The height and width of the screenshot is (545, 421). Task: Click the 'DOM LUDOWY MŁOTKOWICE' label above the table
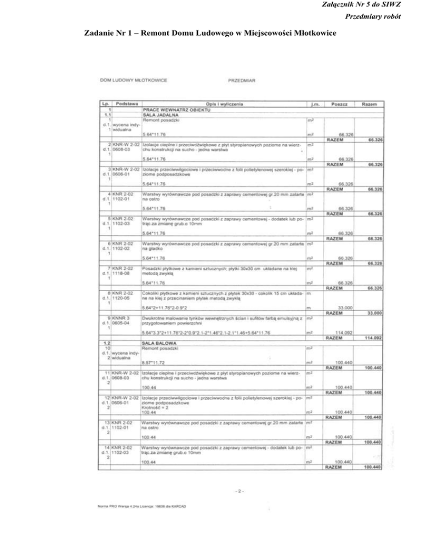(x=133, y=80)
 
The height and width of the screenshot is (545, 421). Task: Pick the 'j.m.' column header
(x=314, y=103)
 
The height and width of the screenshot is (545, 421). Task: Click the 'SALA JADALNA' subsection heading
(x=161, y=115)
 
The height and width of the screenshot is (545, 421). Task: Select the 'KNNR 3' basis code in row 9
(x=122, y=317)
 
